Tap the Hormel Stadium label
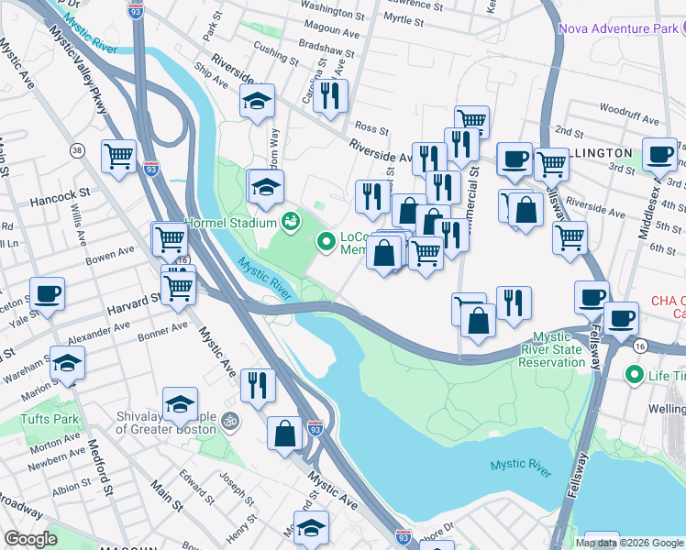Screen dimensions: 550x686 coord(230,223)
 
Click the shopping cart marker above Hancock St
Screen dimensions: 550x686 coord(119,158)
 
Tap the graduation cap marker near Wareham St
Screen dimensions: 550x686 coord(67,364)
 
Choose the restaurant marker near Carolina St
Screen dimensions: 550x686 coord(330,95)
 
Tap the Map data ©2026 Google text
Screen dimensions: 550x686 coord(628,543)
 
